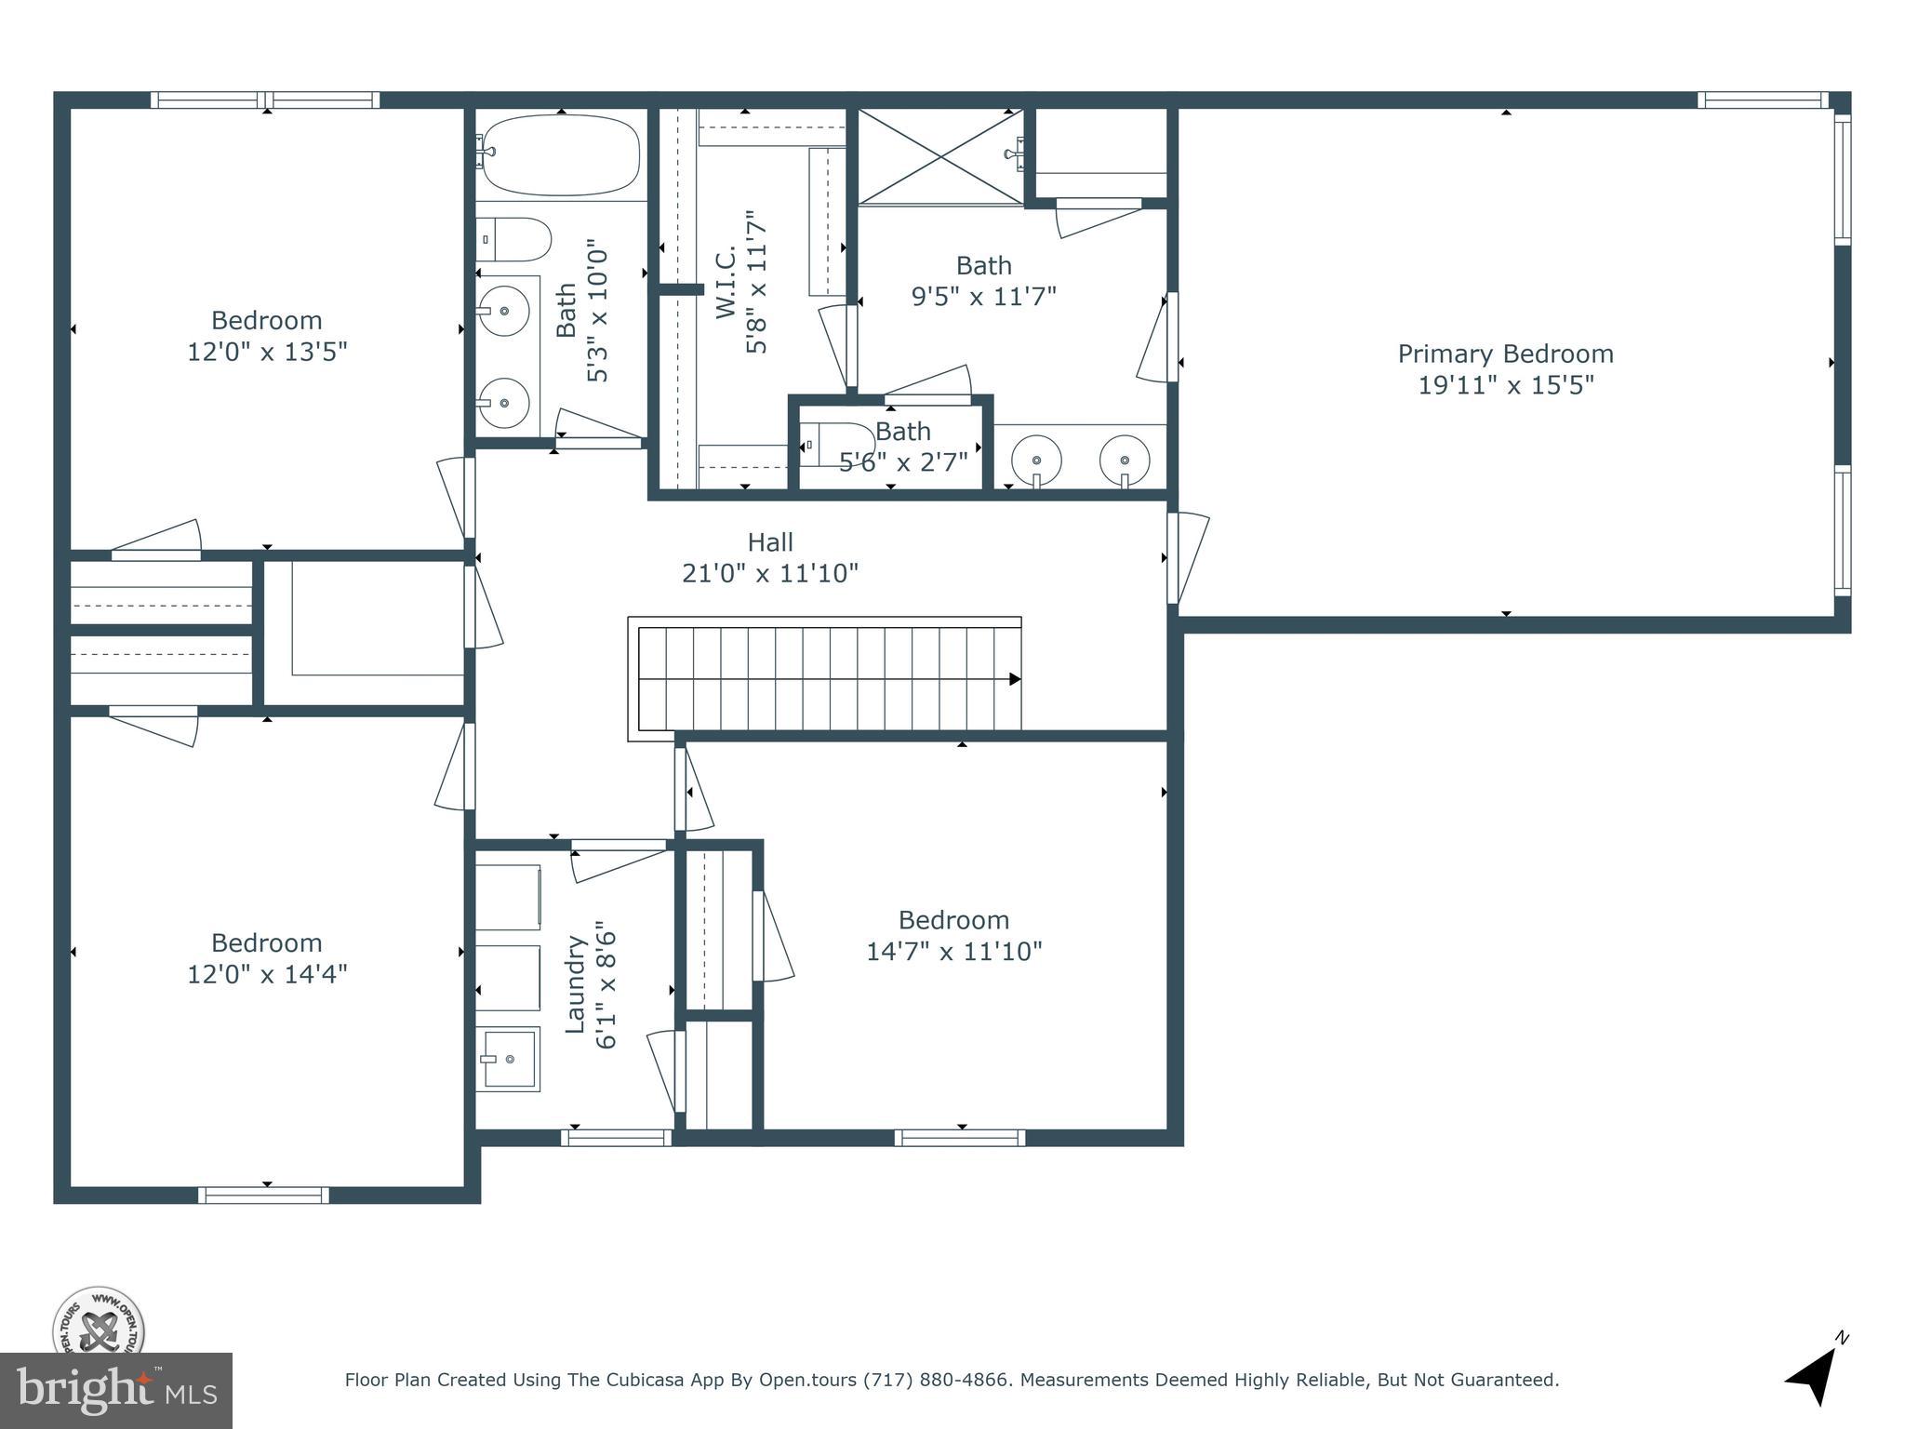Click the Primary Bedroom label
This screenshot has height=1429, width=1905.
coord(1505,354)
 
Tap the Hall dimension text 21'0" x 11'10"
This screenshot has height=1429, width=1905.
coord(769,573)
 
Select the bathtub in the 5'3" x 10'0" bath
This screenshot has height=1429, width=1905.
coord(561,155)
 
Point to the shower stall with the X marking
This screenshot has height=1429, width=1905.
coord(939,156)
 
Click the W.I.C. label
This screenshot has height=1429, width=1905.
coord(726,281)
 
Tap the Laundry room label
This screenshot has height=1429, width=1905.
coord(576,983)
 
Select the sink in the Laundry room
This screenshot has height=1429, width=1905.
coord(508,1059)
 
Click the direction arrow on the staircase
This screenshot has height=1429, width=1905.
coord(1014,679)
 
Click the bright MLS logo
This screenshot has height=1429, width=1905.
coord(115,1390)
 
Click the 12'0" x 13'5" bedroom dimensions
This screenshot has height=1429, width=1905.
coord(267,353)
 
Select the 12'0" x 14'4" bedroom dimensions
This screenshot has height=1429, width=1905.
coord(267,974)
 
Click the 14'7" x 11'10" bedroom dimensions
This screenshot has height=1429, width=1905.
coord(953,952)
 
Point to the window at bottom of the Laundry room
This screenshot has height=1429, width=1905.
coord(616,1137)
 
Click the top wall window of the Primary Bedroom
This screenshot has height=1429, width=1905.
coord(1762,100)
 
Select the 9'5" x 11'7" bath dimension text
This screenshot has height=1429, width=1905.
coord(983,297)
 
